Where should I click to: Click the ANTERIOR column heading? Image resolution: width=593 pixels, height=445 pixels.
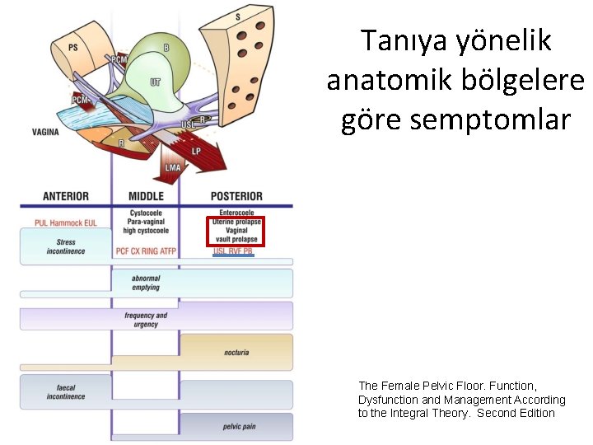pyautogui.click(x=66, y=196)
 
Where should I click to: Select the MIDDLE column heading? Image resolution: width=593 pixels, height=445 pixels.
pyautogui.click(x=146, y=196)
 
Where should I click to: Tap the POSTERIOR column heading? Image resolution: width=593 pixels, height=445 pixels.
pyautogui.click(x=236, y=196)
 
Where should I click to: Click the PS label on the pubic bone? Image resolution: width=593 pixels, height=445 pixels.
pyautogui.click(x=73, y=47)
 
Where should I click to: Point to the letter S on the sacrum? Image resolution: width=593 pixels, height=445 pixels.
pyautogui.click(x=238, y=16)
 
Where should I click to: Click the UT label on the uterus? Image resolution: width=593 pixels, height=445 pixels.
pyautogui.click(x=156, y=82)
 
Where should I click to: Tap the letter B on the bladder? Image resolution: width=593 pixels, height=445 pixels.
pyautogui.click(x=166, y=48)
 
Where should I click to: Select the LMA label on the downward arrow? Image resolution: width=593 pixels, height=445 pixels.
pyautogui.click(x=173, y=168)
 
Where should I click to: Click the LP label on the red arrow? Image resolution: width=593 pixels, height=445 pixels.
pyautogui.click(x=196, y=152)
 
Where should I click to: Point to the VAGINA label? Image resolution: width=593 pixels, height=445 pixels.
pyautogui.click(x=45, y=132)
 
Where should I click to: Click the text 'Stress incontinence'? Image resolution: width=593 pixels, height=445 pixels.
pyautogui.click(x=66, y=247)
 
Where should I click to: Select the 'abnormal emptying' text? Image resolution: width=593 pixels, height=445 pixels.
pyautogui.click(x=146, y=283)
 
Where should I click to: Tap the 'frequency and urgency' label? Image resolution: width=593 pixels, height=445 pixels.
pyautogui.click(x=146, y=320)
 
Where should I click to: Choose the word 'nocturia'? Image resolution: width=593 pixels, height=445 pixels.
pyautogui.click(x=236, y=353)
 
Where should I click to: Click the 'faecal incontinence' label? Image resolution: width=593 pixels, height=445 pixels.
pyautogui.click(x=66, y=392)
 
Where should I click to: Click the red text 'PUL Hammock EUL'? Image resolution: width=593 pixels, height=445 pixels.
pyautogui.click(x=66, y=222)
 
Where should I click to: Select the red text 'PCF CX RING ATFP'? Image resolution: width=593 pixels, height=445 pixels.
pyautogui.click(x=146, y=251)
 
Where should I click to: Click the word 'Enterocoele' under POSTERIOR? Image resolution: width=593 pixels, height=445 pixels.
pyautogui.click(x=236, y=213)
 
